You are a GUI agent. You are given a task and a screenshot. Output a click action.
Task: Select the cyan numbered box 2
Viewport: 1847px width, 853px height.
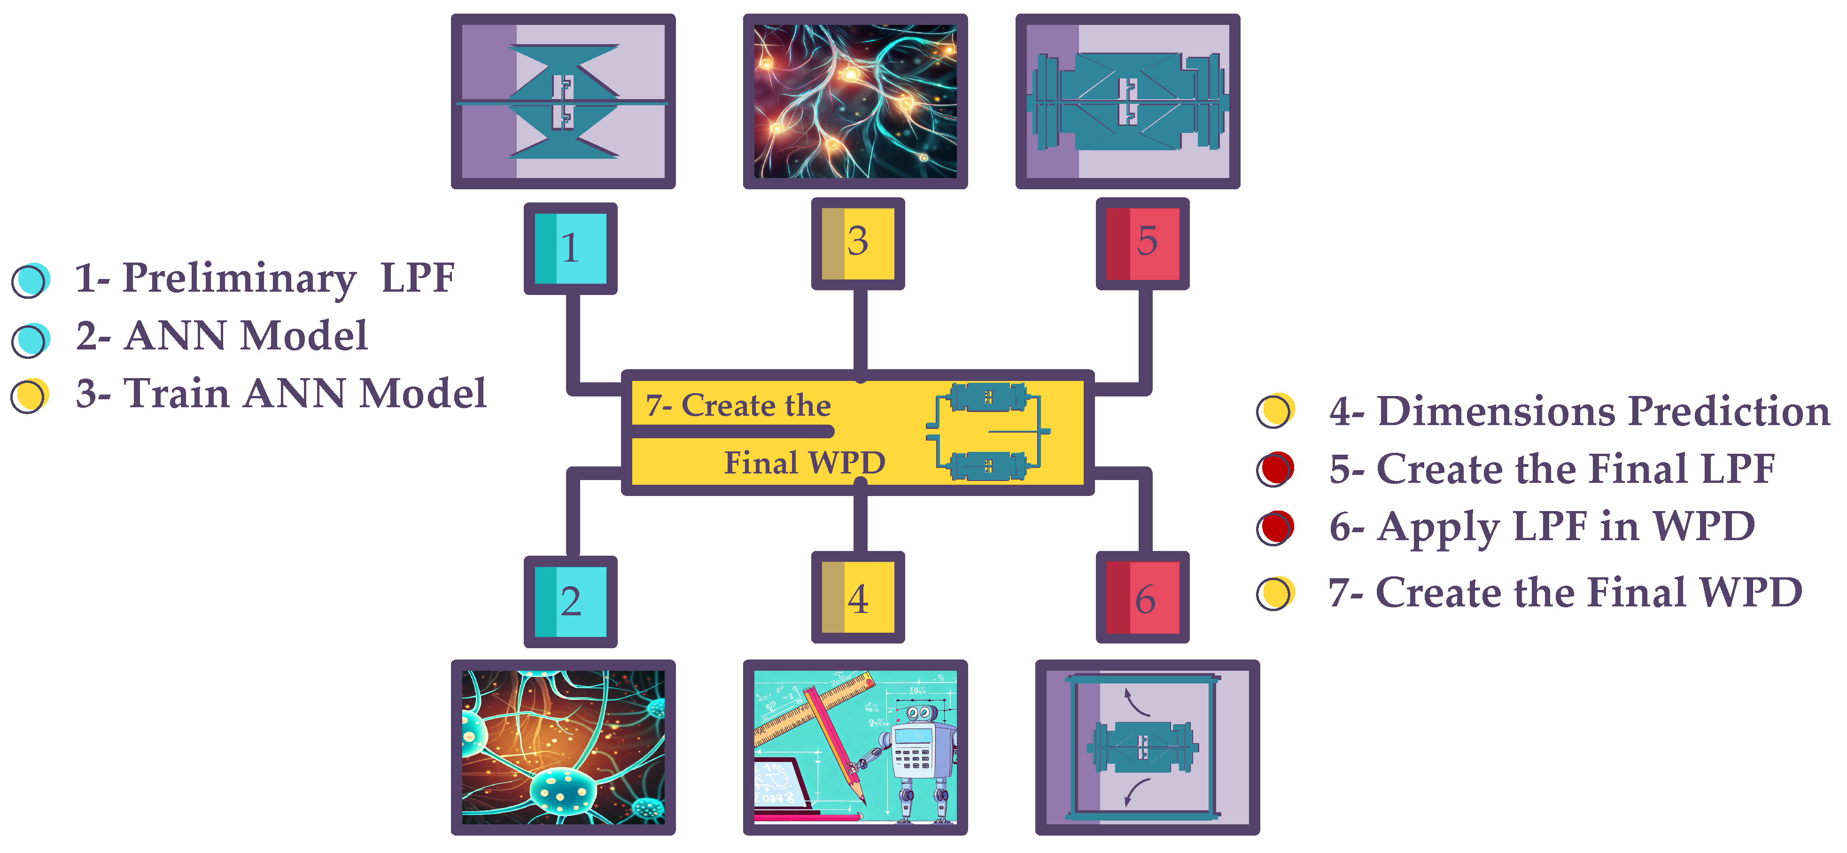pyautogui.click(x=571, y=601)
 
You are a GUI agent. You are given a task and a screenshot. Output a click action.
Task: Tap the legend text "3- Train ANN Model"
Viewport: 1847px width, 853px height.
pyautogui.click(x=281, y=394)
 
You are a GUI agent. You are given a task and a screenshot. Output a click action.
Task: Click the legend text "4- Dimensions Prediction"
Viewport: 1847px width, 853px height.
pyautogui.click(x=1579, y=411)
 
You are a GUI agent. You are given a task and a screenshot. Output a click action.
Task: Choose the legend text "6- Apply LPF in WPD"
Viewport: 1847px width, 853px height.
pyautogui.click(x=1542, y=527)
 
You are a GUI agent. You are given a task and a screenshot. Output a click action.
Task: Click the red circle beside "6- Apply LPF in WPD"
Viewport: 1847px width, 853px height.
pyautogui.click(x=1275, y=527)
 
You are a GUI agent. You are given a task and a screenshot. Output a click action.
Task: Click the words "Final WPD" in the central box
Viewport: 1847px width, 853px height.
pyautogui.click(x=805, y=462)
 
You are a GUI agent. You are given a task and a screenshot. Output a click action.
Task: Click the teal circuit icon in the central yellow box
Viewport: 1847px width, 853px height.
pyautogui.click(x=988, y=432)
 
